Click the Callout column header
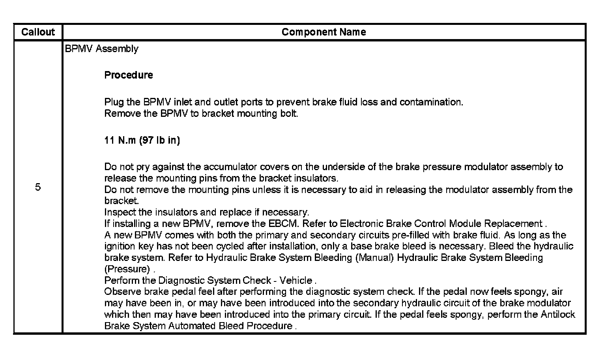pos(38,32)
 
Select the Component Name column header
pos(324,32)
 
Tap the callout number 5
pos(38,187)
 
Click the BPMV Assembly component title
pos(101,49)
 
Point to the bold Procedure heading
pos(129,75)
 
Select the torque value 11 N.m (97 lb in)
pos(142,141)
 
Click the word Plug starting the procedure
pos(114,102)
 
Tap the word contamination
pos(431,102)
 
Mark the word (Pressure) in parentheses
pos(127,270)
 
